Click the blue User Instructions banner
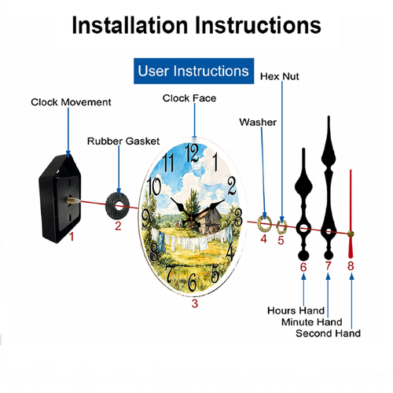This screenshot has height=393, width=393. [193, 71]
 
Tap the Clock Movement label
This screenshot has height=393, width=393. [71, 102]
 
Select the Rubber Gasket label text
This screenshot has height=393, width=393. [123, 141]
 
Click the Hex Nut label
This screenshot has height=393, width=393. [279, 76]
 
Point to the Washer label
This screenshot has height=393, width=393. [258, 122]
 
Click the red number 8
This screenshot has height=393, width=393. [351, 266]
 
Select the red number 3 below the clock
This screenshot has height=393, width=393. [195, 303]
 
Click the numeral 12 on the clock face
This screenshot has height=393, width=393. [192, 153]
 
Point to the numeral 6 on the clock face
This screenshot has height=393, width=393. [193, 282]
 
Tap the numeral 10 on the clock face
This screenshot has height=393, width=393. [154, 185]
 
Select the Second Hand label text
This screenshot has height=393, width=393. [328, 333]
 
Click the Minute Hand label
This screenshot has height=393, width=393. [312, 322]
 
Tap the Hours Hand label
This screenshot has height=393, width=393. [296, 310]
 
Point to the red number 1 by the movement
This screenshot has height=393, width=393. [72, 237]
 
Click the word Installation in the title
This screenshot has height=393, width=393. [130, 25]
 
